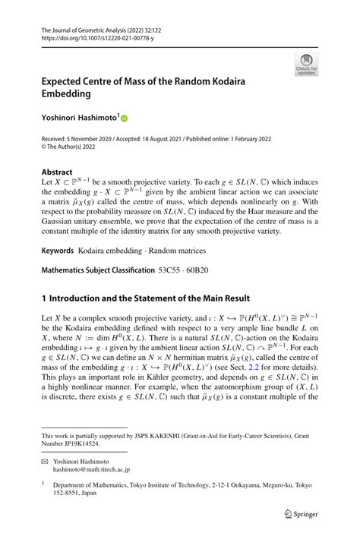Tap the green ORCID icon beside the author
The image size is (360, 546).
point(125,119)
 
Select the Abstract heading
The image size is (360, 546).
point(57,172)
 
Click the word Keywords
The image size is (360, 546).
point(61,250)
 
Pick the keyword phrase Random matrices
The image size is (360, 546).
point(182,250)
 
